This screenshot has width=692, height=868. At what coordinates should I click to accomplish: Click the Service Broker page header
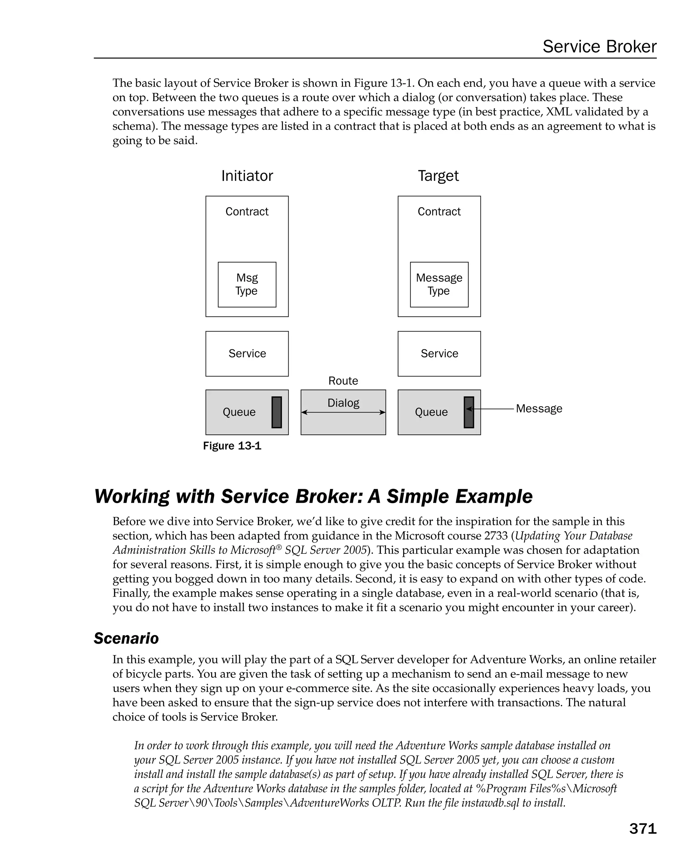[x=599, y=47]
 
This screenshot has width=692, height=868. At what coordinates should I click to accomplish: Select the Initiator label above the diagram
[x=247, y=176]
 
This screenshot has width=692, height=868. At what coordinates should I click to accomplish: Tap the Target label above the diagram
[x=438, y=176]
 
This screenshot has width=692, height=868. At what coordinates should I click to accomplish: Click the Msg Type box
[x=247, y=284]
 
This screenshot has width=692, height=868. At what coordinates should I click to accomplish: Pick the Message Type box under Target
[x=439, y=284]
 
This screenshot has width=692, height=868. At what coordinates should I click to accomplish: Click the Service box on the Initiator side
[x=247, y=353]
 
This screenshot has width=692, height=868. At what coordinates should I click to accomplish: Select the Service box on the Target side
[x=439, y=353]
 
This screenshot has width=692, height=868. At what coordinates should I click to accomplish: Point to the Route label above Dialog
[x=343, y=381]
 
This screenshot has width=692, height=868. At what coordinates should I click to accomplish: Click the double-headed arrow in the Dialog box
[x=343, y=412]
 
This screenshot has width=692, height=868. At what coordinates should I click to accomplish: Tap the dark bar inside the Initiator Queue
[x=276, y=412]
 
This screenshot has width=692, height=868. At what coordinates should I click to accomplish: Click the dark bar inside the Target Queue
[x=469, y=412]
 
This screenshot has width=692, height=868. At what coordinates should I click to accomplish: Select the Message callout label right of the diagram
[x=539, y=408]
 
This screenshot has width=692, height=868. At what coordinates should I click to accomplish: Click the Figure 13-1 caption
[x=232, y=446]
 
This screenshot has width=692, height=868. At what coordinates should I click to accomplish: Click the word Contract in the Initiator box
[x=247, y=212]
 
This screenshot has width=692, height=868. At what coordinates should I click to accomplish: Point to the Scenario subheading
[x=126, y=639]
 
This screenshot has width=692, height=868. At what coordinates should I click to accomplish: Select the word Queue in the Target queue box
[x=431, y=412]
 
